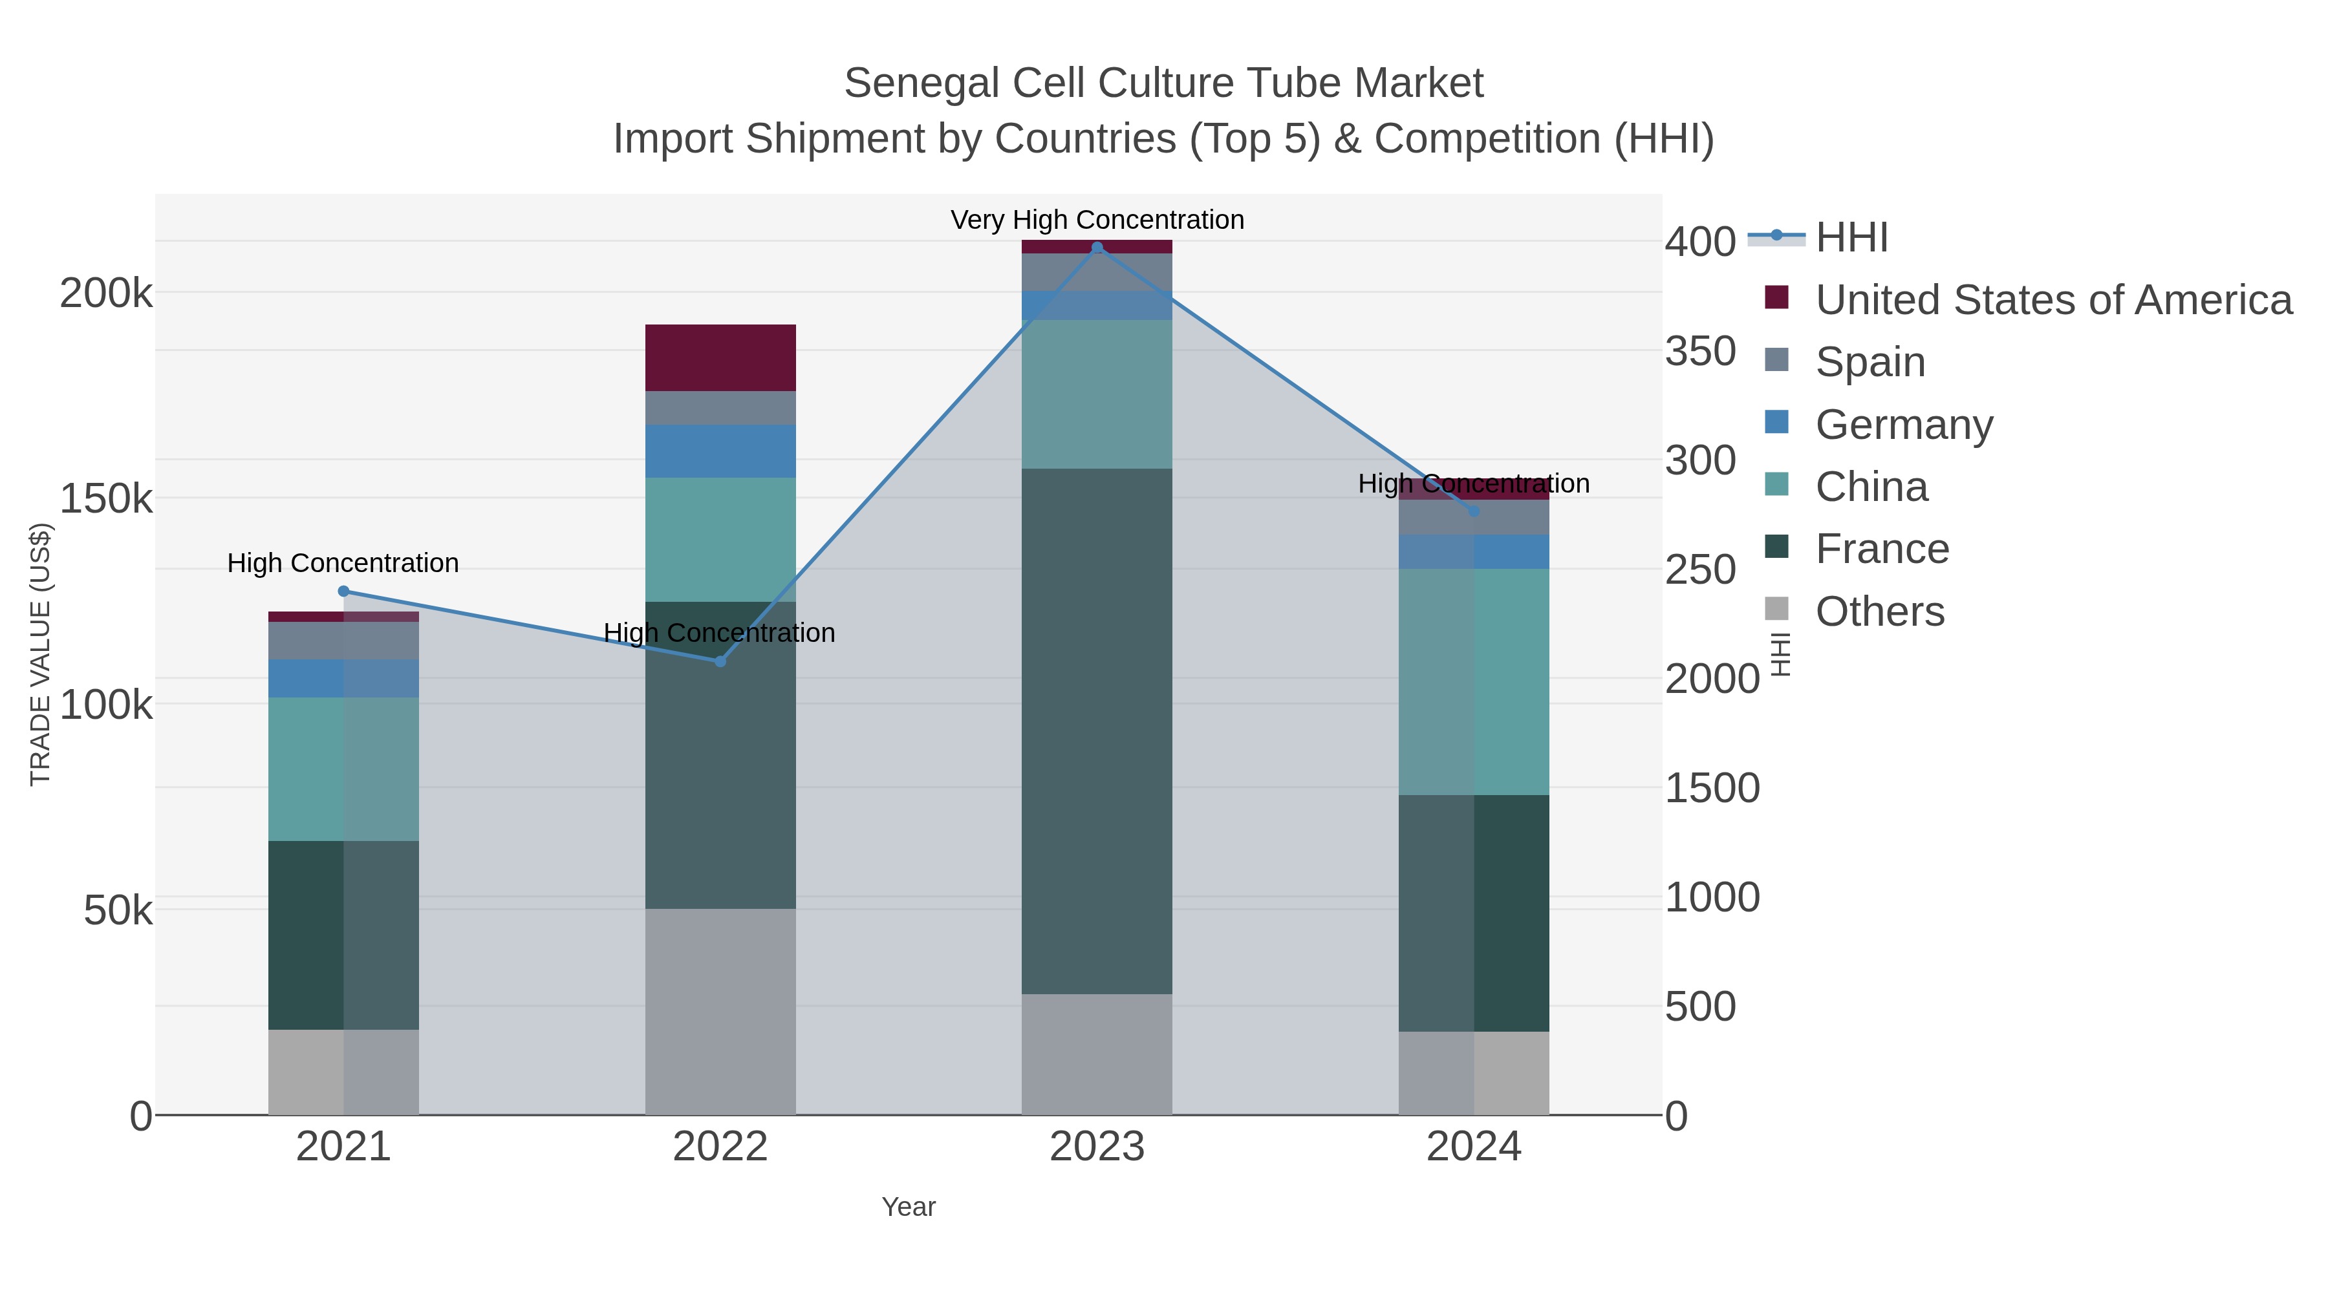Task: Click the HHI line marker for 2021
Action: tap(343, 591)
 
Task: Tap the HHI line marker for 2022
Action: tap(720, 661)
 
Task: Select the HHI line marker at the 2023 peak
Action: tap(1097, 248)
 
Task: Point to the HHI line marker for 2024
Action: tap(1474, 511)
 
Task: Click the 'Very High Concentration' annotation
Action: tap(1097, 220)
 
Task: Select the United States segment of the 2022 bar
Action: tap(720, 357)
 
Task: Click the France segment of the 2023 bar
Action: tap(1097, 732)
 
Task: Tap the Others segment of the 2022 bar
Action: tap(720, 1012)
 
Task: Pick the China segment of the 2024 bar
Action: tap(1474, 682)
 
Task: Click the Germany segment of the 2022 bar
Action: tap(720, 452)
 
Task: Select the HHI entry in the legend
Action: tap(1851, 238)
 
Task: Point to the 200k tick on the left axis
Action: tap(106, 293)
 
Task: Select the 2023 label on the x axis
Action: tap(1097, 1147)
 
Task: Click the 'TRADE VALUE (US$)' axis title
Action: tap(41, 654)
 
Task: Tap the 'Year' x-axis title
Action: tap(909, 1207)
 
